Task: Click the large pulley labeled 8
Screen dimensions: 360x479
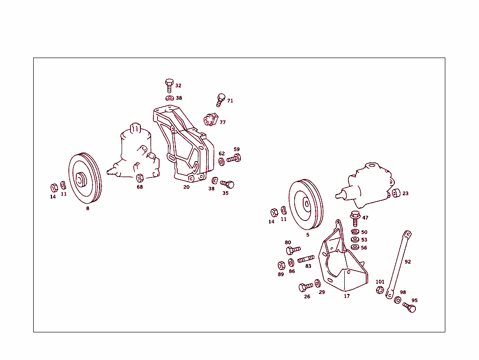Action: [x=85, y=178]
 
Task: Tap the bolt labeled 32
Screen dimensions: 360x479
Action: [x=169, y=85]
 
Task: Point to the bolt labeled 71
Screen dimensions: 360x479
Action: [x=221, y=100]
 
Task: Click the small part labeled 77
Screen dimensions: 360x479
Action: [x=211, y=120]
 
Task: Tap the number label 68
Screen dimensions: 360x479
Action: [x=139, y=187]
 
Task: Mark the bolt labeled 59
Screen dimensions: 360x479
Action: [x=234, y=158]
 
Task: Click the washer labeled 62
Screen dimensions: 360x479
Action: [x=221, y=162]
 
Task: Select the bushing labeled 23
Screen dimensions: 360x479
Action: [x=396, y=193]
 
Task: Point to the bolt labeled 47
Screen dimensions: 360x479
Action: [x=355, y=218]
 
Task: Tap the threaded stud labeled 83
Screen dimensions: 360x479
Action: [x=306, y=258]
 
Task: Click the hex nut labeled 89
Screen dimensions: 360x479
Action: [x=281, y=265]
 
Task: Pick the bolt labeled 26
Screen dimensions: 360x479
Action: [x=305, y=287]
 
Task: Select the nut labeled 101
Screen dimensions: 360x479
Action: [x=380, y=290]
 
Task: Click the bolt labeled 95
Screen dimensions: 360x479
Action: [x=409, y=307]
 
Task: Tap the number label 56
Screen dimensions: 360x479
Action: [x=364, y=248]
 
